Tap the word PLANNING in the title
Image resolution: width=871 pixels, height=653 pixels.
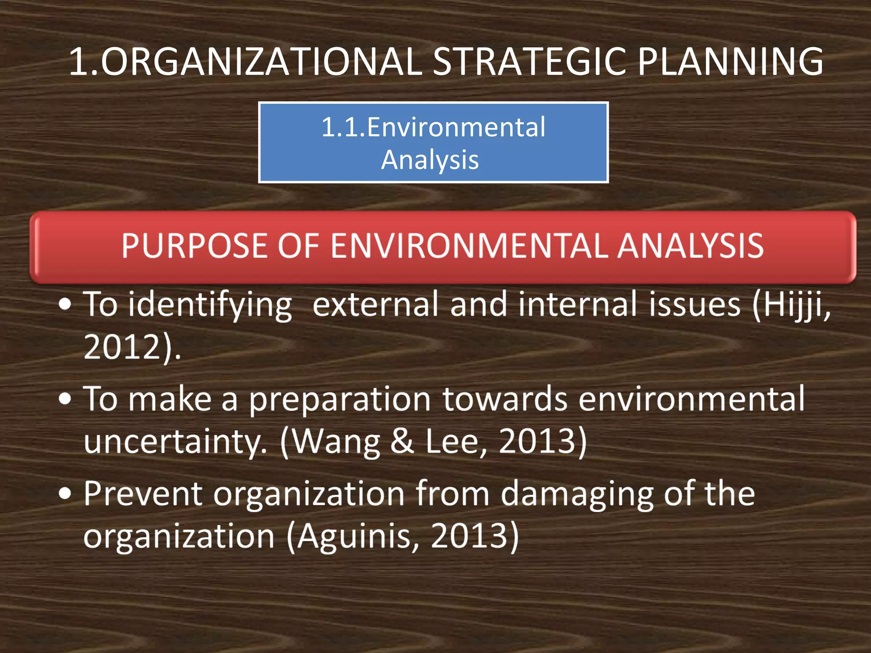coord(730,62)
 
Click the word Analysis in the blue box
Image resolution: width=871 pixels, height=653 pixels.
coord(430,161)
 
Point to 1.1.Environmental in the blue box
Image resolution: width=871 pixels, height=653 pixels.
coord(433,127)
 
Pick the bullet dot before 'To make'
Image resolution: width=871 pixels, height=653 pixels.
coord(65,399)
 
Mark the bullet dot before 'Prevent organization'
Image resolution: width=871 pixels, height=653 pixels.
coord(65,494)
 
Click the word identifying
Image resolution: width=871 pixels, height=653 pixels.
coord(210,305)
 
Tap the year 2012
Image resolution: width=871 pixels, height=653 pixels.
coord(122,347)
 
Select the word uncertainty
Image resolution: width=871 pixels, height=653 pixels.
coord(174,441)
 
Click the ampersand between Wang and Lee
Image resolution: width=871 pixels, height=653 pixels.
coord(402,441)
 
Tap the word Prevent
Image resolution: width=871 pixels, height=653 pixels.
coord(143,494)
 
